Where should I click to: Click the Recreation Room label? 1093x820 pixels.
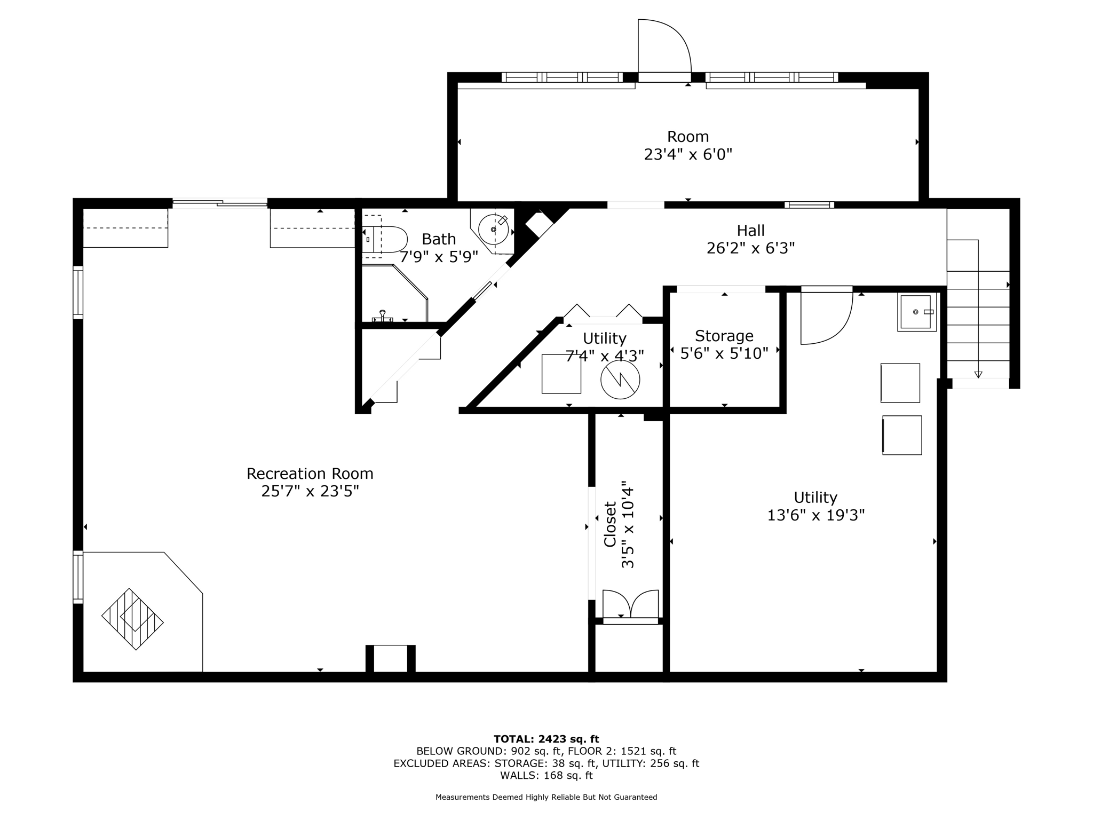tap(310, 474)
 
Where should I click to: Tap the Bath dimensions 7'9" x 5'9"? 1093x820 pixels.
tap(439, 257)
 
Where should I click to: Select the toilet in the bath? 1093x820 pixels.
tap(385, 239)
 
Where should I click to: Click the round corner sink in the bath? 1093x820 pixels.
tap(493, 230)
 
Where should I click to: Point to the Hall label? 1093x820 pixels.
tap(750, 231)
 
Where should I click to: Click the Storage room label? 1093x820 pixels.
tap(724, 336)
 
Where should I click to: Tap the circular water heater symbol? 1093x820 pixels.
tap(620, 380)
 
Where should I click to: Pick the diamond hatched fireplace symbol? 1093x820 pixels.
tap(132, 619)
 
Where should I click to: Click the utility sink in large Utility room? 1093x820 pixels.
tap(916, 312)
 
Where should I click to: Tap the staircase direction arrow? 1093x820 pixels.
tap(978, 374)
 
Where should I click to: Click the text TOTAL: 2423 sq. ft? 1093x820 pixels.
tap(546, 739)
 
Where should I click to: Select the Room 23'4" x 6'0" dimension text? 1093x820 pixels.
tap(687, 155)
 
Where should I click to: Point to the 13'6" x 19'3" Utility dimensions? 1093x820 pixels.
tap(815, 515)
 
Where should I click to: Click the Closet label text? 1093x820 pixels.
tap(610, 524)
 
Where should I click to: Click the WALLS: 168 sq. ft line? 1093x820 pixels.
tap(546, 775)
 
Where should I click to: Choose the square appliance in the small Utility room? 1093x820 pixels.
tap(561, 374)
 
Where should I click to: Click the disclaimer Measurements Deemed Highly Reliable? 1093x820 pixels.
tap(546, 797)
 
